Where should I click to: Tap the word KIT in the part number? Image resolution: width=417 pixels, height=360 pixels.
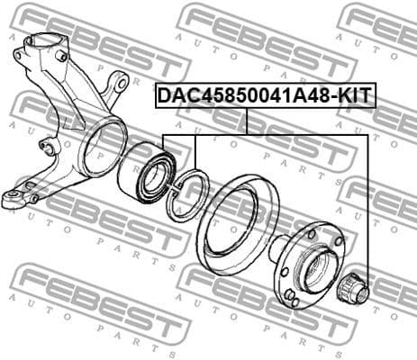tap(353, 94)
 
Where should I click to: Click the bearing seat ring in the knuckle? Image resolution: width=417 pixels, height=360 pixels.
tap(99, 148)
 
